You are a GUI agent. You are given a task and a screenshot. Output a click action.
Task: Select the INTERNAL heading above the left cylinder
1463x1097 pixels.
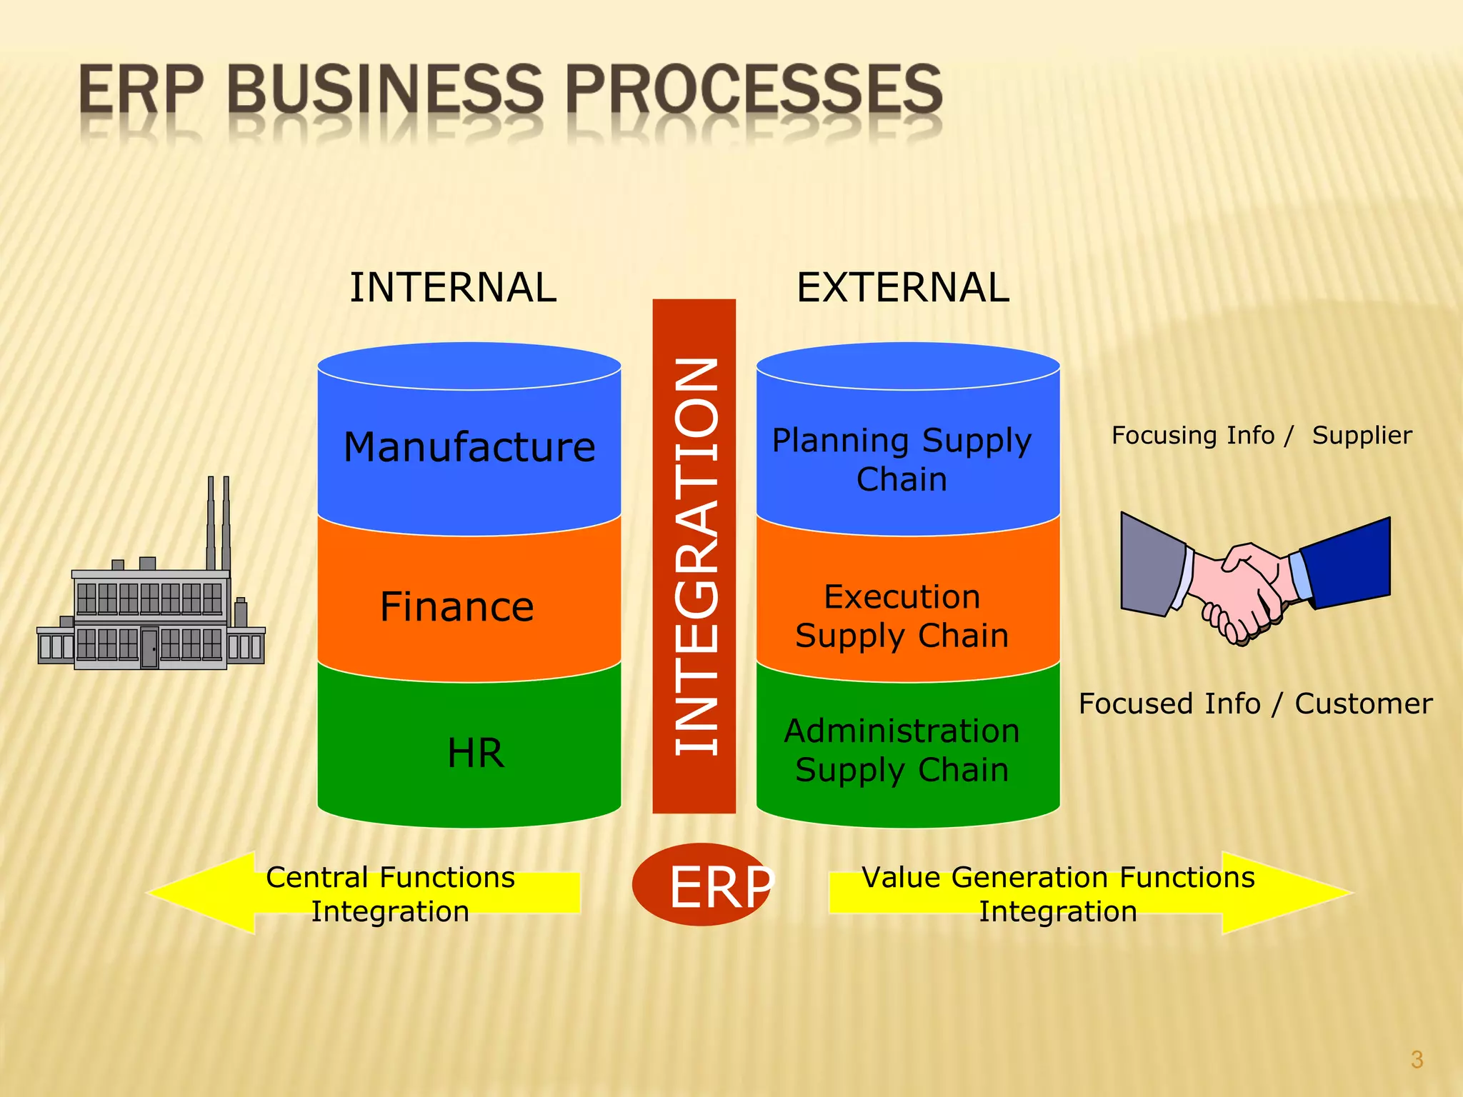point(453,288)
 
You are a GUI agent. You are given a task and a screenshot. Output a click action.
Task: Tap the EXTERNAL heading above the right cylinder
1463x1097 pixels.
point(902,288)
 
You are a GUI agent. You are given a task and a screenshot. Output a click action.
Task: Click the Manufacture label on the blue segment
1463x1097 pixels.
point(469,447)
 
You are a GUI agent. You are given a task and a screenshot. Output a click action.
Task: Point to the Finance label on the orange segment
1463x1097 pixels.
point(456,607)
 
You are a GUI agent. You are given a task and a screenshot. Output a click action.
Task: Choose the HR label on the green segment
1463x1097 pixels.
point(475,753)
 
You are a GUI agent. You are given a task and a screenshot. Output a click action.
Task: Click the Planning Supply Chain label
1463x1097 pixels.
point(902,459)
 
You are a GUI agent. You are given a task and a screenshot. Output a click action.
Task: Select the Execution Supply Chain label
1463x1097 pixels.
point(902,616)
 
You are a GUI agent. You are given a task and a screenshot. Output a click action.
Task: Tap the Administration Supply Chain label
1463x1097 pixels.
point(902,750)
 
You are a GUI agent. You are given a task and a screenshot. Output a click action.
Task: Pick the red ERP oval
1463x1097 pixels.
point(700,885)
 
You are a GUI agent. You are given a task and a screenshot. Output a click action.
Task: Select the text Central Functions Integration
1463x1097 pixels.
point(390,894)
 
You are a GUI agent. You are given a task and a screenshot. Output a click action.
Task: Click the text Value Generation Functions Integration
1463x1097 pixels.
point(1057,894)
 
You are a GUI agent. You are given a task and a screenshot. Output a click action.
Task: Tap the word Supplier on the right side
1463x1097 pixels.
point(1362,435)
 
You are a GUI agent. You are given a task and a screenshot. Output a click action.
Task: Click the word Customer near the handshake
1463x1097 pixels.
point(1363,703)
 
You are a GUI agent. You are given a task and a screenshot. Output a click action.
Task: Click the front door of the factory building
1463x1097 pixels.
point(149,648)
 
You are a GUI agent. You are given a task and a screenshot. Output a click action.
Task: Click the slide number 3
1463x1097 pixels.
point(1417,1059)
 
